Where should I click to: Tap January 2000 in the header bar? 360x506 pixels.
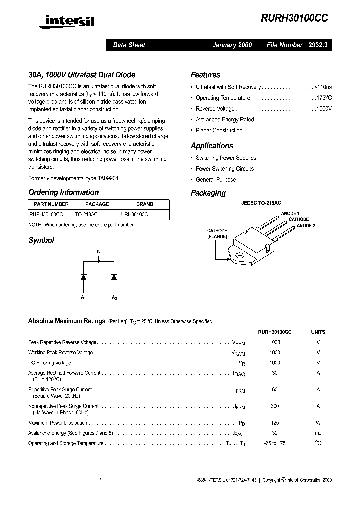click(x=232, y=45)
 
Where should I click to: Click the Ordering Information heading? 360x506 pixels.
click(x=63, y=192)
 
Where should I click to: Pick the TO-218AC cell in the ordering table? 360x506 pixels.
click(x=86, y=213)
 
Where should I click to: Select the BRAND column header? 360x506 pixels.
click(x=144, y=204)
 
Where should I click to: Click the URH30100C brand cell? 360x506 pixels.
click(x=135, y=213)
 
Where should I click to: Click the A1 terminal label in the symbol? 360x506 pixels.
click(x=83, y=298)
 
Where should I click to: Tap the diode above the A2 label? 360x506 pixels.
click(x=114, y=276)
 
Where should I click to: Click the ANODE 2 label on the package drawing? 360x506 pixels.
click(x=306, y=226)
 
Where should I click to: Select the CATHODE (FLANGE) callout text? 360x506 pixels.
click(x=217, y=233)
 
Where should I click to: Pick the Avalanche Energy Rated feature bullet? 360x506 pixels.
click(x=225, y=120)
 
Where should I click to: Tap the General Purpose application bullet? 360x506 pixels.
click(x=216, y=180)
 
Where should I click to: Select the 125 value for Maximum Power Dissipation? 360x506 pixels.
click(x=274, y=423)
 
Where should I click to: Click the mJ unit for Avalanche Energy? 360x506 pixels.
click(x=318, y=433)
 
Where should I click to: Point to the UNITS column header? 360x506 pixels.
click(x=318, y=332)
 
